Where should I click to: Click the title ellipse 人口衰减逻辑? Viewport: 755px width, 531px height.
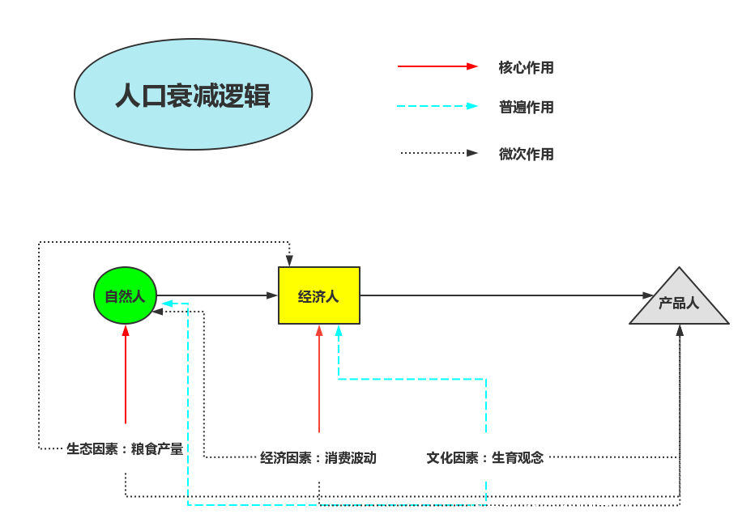click(x=193, y=95)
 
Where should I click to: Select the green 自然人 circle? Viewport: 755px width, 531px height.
click(x=125, y=295)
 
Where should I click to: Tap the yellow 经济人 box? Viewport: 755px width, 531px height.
click(x=318, y=295)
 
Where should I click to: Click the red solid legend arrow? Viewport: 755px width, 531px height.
click(x=437, y=66)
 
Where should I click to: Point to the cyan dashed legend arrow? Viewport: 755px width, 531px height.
click(x=437, y=106)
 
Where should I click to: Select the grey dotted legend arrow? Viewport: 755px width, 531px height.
click(x=437, y=153)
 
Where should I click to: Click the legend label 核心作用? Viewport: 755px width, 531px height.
click(x=526, y=68)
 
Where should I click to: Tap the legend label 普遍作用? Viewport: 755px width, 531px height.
click(x=526, y=107)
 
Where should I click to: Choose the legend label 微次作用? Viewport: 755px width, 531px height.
click(x=526, y=154)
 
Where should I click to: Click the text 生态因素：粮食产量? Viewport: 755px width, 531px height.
click(x=125, y=448)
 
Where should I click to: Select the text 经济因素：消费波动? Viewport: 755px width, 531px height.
click(x=318, y=458)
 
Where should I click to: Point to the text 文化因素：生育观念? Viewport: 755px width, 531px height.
click(x=485, y=458)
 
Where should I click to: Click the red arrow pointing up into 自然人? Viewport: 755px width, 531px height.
click(x=126, y=372)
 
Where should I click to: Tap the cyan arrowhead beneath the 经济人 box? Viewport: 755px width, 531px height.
click(x=339, y=330)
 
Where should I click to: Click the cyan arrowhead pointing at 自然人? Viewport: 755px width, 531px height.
click(x=166, y=304)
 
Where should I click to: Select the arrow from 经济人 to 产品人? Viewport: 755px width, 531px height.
click(x=502, y=295)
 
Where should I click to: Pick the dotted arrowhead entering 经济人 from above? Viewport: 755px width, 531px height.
click(x=289, y=261)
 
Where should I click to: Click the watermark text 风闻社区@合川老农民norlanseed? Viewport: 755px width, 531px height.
click(x=607, y=510)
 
